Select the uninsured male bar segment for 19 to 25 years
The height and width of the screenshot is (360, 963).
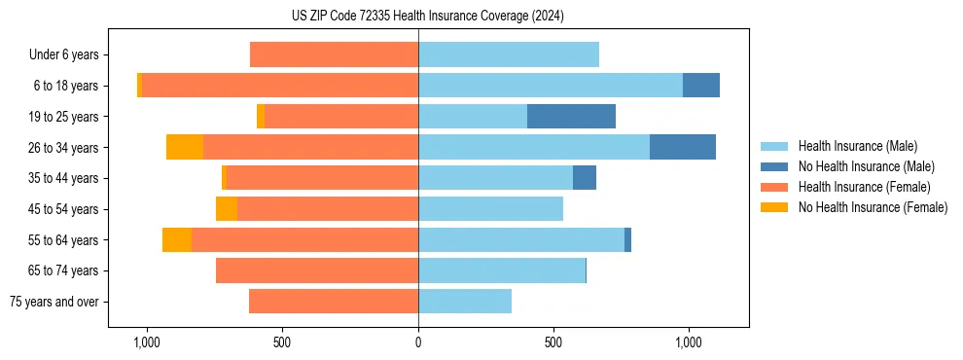[571, 117]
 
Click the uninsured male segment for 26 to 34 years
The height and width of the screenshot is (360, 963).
[682, 147]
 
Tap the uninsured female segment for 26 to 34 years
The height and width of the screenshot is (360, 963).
[185, 147]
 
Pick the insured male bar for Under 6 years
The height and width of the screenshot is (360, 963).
[509, 54]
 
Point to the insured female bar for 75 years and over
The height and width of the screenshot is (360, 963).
[334, 302]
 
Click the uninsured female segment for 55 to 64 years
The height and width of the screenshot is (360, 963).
[177, 240]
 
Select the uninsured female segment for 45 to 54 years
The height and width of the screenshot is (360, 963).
[227, 209]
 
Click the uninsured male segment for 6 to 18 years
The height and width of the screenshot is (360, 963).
[700, 86]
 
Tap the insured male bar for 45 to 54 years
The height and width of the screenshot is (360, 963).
[490, 209]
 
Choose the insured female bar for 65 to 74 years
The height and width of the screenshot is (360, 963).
[317, 270]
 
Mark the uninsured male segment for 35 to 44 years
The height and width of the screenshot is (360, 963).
[584, 178]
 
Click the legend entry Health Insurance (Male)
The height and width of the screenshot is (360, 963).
[857, 146]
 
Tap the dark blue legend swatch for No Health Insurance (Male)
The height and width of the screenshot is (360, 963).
[775, 166]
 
